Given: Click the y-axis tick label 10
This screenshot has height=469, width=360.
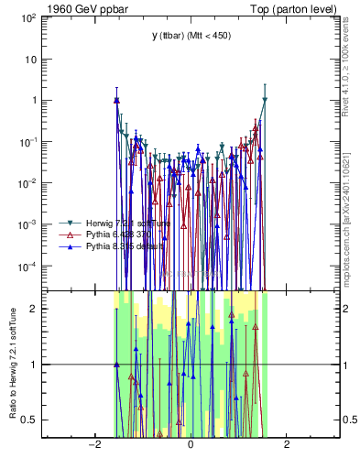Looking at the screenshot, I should pos(31,59).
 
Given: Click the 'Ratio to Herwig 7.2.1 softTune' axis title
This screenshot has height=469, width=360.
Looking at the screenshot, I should pos(11,364).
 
